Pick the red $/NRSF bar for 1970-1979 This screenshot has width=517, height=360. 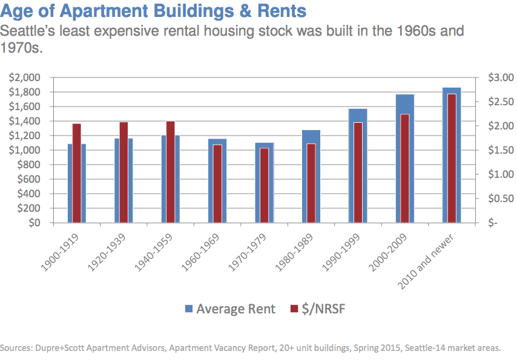click(x=264, y=185)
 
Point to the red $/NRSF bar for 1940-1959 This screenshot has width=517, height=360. click(x=171, y=172)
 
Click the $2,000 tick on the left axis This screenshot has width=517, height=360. click(x=24, y=77)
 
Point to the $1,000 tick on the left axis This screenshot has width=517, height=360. click(x=24, y=150)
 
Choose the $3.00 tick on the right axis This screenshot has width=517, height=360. click(x=492, y=77)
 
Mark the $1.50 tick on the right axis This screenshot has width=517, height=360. click(x=492, y=150)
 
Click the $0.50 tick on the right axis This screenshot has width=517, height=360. click(x=492, y=198)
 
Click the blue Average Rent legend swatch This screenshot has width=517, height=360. click(x=188, y=309)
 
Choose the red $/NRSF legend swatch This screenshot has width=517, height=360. click(x=294, y=309)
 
